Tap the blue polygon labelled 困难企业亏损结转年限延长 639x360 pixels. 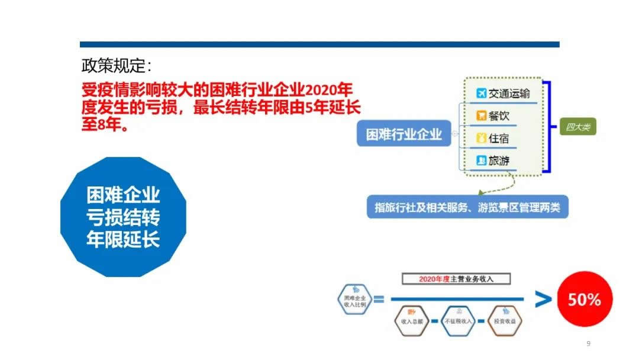(x=123, y=217)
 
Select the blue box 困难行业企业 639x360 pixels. (x=404, y=134)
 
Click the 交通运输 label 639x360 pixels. (x=509, y=94)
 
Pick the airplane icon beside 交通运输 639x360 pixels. (x=481, y=94)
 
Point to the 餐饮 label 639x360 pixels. (x=499, y=115)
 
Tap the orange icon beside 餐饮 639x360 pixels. (x=481, y=115)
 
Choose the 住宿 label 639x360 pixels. (x=499, y=138)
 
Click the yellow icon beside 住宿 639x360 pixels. (x=481, y=138)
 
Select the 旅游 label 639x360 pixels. (x=499, y=160)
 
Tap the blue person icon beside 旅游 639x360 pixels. (x=481, y=160)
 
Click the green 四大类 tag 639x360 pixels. (x=577, y=127)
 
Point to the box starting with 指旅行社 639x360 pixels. (x=467, y=207)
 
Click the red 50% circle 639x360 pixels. (x=585, y=300)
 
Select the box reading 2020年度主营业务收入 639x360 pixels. (x=456, y=279)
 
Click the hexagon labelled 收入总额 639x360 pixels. (x=410, y=321)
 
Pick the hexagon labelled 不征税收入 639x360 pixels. (x=459, y=321)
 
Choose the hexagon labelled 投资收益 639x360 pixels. (x=505, y=321)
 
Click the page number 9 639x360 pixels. (x=588, y=344)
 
